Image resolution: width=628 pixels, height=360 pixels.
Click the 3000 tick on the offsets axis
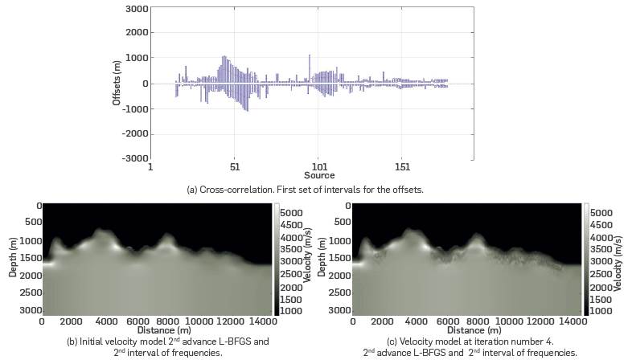(137, 8)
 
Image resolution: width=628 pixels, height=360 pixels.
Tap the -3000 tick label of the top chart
(135, 158)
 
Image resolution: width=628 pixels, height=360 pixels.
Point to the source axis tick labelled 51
(234, 168)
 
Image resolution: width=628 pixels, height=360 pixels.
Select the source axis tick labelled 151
(403, 168)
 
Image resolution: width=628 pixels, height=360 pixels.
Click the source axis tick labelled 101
(318, 168)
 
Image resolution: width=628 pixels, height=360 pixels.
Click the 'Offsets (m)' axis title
(117, 84)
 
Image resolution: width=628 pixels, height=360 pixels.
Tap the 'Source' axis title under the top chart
(319, 176)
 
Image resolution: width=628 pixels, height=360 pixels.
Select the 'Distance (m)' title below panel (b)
(160, 330)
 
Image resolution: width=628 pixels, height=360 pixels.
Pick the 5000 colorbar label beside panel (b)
(291, 215)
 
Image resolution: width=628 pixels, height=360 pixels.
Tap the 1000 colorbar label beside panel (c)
(599, 310)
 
